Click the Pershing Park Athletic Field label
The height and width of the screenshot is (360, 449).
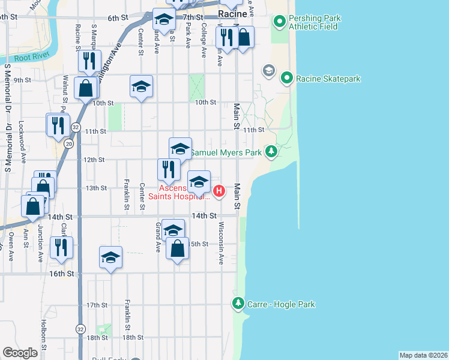pyautogui.click(x=314, y=22)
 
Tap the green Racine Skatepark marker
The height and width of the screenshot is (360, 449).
pyautogui.click(x=287, y=78)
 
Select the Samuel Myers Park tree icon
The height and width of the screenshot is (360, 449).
pyautogui.click(x=271, y=151)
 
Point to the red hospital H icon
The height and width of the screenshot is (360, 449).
pyautogui.click(x=220, y=191)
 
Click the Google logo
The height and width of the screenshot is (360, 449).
pyautogui.click(x=20, y=352)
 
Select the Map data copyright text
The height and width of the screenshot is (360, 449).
pyautogui.click(x=423, y=355)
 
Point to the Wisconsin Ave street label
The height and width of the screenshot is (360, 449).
pyautogui.click(x=221, y=244)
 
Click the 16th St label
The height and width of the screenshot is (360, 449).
pyautogui.click(x=61, y=273)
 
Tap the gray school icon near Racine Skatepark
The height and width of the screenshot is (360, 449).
pyautogui.click(x=268, y=71)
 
